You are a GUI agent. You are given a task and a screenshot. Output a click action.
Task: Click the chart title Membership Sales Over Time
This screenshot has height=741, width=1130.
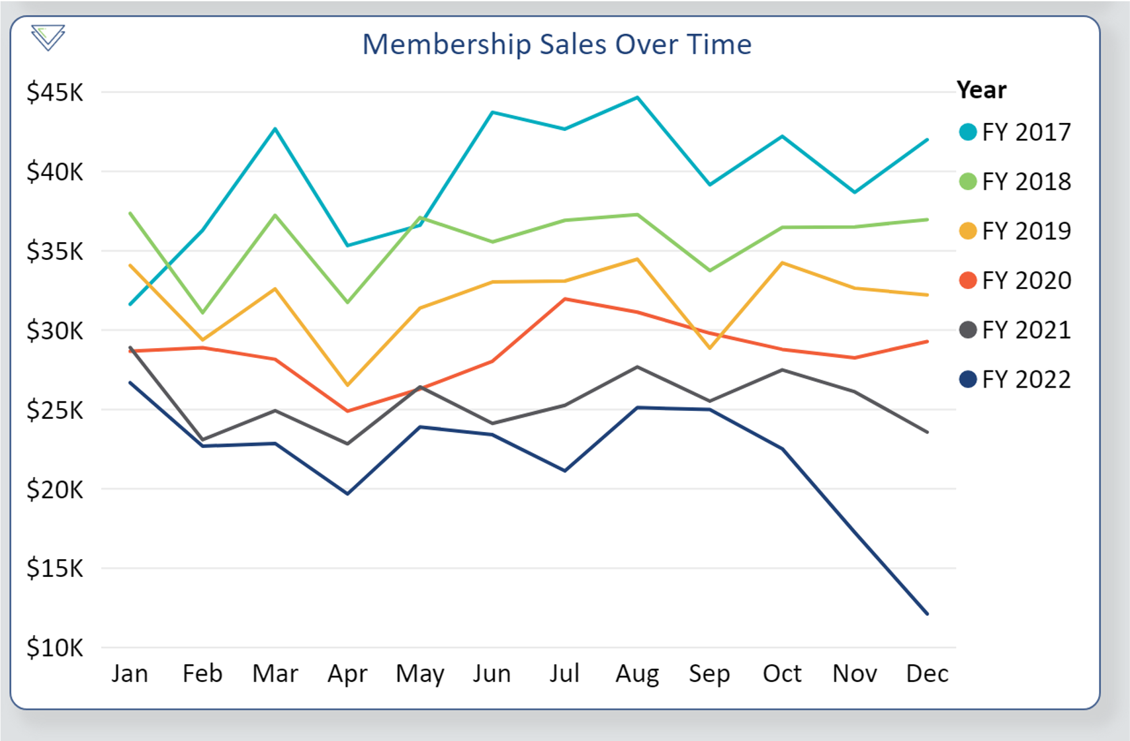[556, 45]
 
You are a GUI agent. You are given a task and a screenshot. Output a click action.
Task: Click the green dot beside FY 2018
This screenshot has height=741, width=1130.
[968, 181]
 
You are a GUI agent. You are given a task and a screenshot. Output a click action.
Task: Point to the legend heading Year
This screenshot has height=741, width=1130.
[981, 90]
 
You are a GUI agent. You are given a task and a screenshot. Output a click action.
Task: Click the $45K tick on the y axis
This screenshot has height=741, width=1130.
[55, 93]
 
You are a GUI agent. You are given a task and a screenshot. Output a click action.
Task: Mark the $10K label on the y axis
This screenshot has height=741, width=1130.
[55, 648]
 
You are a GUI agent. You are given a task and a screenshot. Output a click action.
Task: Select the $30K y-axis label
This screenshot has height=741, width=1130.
[55, 331]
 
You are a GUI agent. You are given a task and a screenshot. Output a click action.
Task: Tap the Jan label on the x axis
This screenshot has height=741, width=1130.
[130, 674]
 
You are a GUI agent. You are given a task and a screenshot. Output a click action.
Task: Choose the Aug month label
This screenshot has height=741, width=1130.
[637, 674]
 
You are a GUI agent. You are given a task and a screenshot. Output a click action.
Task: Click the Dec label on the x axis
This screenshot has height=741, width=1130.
[927, 674]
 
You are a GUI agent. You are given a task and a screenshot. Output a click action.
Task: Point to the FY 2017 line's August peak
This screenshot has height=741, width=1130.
[637, 98]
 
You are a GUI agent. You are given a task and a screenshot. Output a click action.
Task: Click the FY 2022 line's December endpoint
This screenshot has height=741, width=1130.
[927, 613]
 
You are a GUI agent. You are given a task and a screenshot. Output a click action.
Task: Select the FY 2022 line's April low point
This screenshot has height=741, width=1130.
[347, 494]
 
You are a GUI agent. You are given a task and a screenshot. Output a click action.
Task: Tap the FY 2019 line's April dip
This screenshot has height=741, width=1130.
[347, 384]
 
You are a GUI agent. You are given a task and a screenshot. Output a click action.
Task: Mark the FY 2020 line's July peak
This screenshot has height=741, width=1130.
[565, 299]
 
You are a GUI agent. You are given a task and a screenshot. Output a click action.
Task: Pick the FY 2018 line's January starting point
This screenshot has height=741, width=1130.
[130, 213]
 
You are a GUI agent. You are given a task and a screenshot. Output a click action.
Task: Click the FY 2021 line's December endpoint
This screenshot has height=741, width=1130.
[927, 432]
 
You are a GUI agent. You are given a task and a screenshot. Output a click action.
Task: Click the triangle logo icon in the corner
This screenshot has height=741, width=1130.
[48, 37]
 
